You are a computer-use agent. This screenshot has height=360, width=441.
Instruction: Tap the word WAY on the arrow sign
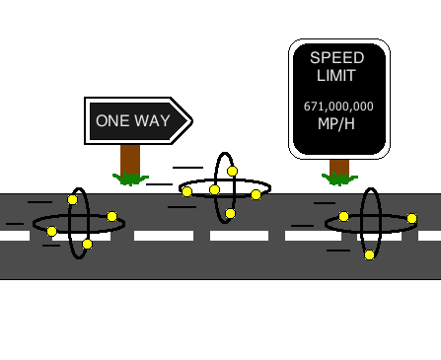coord(153,121)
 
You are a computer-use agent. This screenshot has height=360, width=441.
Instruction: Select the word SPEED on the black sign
coord(337,58)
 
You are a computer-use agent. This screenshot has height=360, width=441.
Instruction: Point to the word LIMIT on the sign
coord(337,76)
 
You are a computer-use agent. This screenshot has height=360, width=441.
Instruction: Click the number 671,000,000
coord(338,106)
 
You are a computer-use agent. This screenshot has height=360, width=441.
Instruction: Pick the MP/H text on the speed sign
coord(337,123)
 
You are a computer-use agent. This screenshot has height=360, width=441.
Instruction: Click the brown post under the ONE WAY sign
coord(130,160)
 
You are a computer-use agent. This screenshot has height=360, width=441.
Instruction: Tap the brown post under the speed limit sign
coord(339,167)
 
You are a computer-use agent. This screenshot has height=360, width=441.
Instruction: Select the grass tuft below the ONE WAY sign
coord(130,180)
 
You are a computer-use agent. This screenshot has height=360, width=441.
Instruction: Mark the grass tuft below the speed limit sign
coord(339,180)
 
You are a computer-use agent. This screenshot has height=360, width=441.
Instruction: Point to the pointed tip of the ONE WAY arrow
coord(190,120)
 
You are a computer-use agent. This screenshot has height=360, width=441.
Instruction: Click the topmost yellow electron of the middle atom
coord(232,172)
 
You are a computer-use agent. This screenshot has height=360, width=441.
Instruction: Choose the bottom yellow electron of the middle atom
coord(230,213)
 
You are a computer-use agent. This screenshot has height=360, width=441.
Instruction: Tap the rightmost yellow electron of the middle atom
coord(256,194)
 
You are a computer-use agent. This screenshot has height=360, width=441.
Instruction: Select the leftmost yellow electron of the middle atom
coord(186,191)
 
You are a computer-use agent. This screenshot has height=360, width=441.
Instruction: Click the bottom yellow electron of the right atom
coord(369,254)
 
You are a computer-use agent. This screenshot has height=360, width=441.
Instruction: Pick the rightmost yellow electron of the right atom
coord(411,219)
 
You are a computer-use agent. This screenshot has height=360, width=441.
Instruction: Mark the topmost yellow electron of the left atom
coord(72,199)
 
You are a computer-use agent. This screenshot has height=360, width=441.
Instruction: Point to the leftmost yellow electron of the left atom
coord(51,231)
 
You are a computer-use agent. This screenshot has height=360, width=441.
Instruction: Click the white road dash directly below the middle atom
coord(239,236)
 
